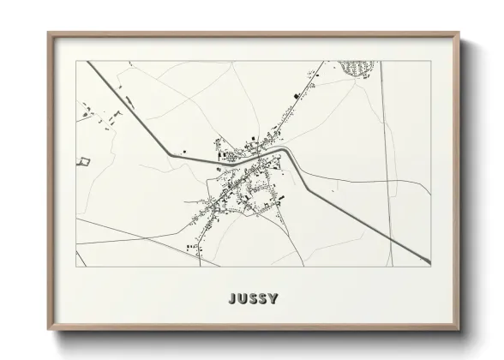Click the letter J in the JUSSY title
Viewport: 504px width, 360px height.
point(232,299)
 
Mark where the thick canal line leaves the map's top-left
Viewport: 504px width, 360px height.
point(87,62)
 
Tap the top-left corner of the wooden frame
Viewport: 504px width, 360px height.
point(48,33)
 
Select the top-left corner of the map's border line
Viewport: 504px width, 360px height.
point(76,61)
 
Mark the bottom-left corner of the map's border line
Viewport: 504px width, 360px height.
point(76,267)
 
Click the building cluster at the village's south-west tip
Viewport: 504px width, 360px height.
point(191,246)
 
